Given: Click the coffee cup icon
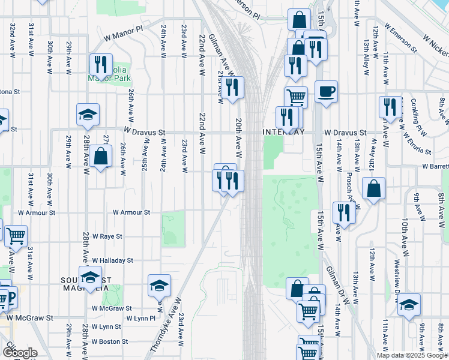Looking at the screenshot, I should point(326,92).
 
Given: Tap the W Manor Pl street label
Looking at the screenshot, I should point(124,32).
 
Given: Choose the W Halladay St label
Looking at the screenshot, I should point(112,260).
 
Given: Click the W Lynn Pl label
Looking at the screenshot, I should point(140,318).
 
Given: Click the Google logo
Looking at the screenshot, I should point(20,352).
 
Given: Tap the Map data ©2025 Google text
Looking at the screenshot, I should point(412,355).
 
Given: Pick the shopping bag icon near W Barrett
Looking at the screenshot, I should point(373,188).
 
